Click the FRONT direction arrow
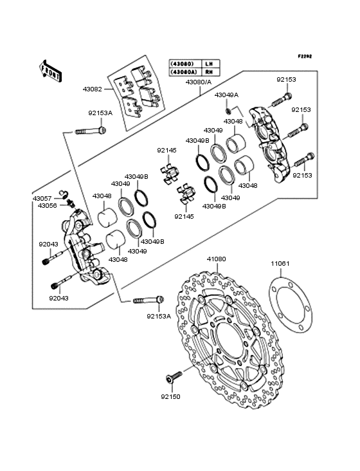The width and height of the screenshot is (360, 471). click(x=50, y=71)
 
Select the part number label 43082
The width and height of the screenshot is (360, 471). click(x=93, y=89)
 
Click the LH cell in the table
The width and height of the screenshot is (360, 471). click(x=209, y=64)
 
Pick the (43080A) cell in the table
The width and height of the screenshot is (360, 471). click(x=184, y=72)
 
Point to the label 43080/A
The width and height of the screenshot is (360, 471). click(x=198, y=82)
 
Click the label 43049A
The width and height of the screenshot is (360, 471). click(x=226, y=95)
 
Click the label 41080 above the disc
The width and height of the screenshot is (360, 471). click(x=216, y=259)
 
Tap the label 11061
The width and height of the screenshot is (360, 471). click(x=280, y=263)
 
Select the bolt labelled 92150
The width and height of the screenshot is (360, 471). click(x=174, y=377)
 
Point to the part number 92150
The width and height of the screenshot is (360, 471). click(x=171, y=396)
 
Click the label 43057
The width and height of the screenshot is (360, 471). click(x=42, y=199)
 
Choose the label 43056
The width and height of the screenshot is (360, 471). click(x=47, y=206)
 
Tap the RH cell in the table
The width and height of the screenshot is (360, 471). click(x=209, y=72)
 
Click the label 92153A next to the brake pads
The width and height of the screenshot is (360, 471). click(x=100, y=113)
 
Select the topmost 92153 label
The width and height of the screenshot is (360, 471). click(x=286, y=80)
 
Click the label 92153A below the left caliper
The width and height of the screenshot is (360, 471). click(x=159, y=317)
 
